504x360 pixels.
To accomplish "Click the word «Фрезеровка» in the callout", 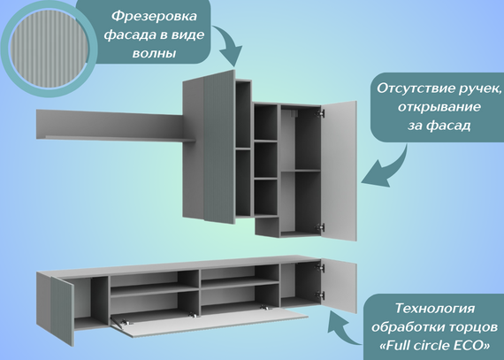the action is click(x=154, y=16).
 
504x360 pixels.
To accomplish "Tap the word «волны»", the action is click(x=154, y=53).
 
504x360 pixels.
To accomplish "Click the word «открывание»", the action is click(x=439, y=107).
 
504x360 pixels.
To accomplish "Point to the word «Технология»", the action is click(x=434, y=308).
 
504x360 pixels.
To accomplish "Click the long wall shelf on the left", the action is click(x=116, y=126).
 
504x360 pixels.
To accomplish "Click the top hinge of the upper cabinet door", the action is click(x=320, y=113).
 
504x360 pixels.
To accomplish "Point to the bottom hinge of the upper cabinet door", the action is click(x=319, y=227).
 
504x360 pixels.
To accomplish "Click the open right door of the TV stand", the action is click(x=339, y=287).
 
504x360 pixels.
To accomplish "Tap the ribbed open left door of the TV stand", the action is click(x=63, y=310).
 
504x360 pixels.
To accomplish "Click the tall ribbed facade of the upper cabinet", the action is click(x=219, y=147).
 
